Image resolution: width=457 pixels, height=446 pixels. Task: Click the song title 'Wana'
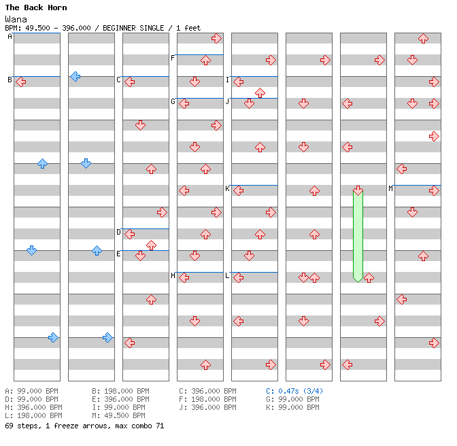click(x=16, y=19)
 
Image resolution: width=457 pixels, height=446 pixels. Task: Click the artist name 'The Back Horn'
click(x=36, y=7)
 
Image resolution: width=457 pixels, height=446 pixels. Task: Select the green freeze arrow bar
click(x=358, y=235)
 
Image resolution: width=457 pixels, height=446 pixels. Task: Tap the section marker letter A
click(x=10, y=37)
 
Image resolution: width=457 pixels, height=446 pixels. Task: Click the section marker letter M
click(x=391, y=188)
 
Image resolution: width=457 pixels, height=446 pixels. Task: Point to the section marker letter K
click(x=228, y=188)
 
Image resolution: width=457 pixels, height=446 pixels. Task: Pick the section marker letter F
click(x=173, y=58)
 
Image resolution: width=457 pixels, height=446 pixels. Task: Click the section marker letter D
click(x=119, y=232)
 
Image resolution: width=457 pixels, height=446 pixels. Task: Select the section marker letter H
click(x=173, y=275)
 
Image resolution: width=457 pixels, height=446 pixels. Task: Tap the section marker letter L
click(x=228, y=275)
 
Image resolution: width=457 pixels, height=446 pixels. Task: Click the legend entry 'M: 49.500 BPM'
click(x=118, y=415)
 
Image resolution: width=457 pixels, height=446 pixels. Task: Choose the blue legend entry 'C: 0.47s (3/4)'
click(x=294, y=391)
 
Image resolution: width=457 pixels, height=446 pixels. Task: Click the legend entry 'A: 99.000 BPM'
click(x=31, y=391)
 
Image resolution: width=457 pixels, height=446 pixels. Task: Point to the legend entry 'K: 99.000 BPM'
click(x=292, y=407)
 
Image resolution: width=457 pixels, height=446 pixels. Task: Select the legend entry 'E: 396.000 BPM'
click(x=120, y=399)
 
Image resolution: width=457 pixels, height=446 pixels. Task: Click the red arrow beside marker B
click(x=20, y=82)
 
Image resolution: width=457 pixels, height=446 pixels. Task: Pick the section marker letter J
click(x=228, y=101)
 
